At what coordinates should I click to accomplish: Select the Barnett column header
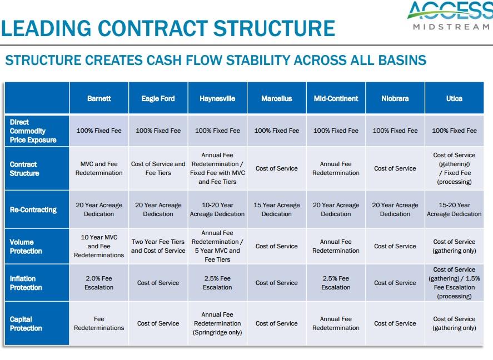click(99, 98)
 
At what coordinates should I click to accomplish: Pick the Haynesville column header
click(217, 98)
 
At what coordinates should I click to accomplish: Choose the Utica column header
click(454, 98)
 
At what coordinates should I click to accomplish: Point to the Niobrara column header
click(395, 98)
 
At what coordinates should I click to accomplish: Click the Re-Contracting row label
click(33, 209)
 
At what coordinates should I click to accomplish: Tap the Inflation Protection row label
click(26, 283)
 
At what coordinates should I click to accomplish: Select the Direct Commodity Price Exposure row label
click(33, 131)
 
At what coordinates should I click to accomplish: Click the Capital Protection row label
click(26, 323)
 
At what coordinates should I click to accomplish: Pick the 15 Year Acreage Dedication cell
click(277, 209)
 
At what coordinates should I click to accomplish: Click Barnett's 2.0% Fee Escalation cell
click(99, 283)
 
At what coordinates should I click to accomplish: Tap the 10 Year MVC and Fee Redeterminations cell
click(99, 246)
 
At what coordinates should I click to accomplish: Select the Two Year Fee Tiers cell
click(158, 246)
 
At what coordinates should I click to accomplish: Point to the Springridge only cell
click(217, 323)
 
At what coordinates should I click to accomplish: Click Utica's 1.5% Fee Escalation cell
click(454, 283)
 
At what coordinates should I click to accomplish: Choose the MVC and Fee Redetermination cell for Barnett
click(99, 168)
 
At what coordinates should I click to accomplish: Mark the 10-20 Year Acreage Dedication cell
click(217, 209)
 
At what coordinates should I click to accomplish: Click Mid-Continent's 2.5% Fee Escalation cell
click(336, 283)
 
